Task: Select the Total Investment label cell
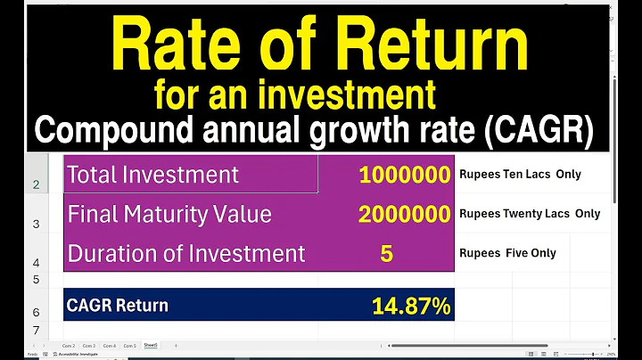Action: click(x=152, y=175)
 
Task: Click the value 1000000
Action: click(x=405, y=175)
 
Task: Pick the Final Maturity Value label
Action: click(x=169, y=214)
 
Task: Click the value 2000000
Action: click(x=405, y=214)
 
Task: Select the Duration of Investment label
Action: click(x=186, y=253)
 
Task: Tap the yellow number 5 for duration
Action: click(x=386, y=253)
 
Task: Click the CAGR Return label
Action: click(x=117, y=305)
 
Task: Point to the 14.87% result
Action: click(x=411, y=307)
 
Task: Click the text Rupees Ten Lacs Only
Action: click(x=520, y=175)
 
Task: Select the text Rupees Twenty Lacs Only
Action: click(x=530, y=214)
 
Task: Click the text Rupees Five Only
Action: click(x=507, y=253)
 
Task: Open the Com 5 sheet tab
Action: click(x=129, y=345)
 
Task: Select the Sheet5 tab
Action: click(x=151, y=345)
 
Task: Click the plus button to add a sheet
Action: click(x=176, y=345)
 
